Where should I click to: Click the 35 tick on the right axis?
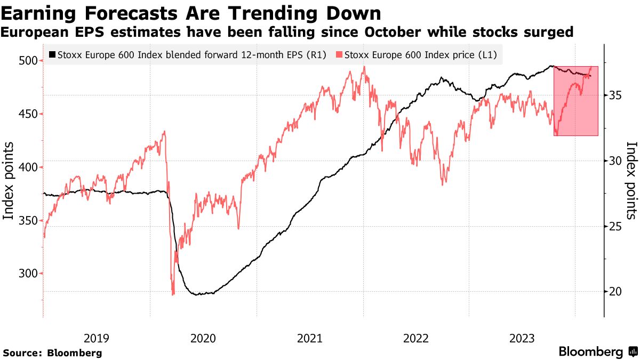(616, 95)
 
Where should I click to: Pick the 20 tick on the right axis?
(616, 291)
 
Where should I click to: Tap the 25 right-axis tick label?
(616, 226)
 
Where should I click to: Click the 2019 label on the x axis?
(97, 338)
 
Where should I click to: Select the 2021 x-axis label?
(309, 338)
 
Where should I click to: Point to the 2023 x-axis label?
(522, 338)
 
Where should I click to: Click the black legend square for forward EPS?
(52, 54)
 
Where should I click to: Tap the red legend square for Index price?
(339, 54)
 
